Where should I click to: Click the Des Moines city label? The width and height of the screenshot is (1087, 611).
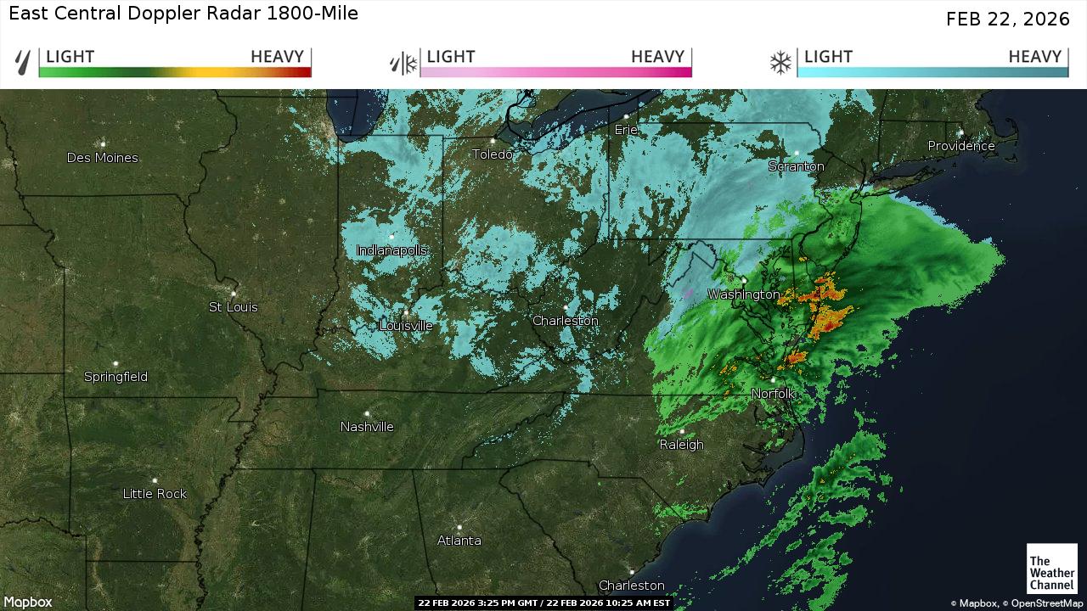coord(102,158)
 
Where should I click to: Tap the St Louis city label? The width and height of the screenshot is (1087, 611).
coord(233,307)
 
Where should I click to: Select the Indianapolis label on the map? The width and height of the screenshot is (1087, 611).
coord(391,250)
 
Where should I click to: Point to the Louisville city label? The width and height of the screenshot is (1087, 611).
coord(406,326)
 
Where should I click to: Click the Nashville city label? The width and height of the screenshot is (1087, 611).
coord(367,427)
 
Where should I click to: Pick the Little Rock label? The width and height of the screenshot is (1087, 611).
coord(155,494)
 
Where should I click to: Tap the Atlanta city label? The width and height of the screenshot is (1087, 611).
coord(459,541)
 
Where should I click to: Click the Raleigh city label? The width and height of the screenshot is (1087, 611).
coord(681,445)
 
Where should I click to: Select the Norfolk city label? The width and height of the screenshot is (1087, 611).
coord(773,394)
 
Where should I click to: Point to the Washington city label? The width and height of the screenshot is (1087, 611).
coord(743,294)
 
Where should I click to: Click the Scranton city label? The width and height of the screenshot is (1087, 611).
coord(796,166)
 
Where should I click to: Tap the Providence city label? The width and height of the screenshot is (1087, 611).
coord(960,146)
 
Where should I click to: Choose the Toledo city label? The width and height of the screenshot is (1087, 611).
coord(493,154)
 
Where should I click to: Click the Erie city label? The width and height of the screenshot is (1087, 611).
coord(626,130)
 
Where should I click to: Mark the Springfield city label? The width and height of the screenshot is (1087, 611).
coord(115,377)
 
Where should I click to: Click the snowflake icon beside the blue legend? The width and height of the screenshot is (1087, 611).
coord(780,63)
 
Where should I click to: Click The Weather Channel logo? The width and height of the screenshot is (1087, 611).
coord(1051,568)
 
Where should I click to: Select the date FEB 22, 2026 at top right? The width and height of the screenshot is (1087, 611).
coord(1007,20)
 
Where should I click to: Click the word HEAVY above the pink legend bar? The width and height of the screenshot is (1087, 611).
coord(657,57)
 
